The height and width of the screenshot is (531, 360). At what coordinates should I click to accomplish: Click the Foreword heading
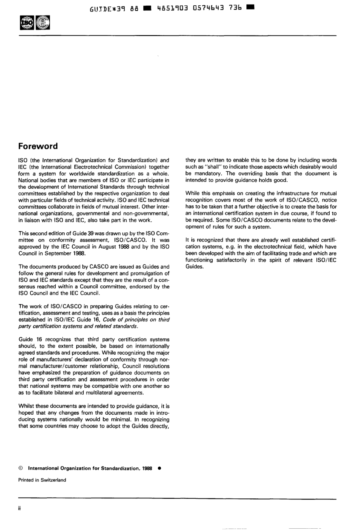coord(38,146)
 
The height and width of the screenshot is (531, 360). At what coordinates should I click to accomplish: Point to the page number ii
coord(20,508)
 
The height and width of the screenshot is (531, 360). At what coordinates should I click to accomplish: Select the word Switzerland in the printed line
coord(53,480)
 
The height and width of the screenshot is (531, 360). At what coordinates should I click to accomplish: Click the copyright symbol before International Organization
coord(21,468)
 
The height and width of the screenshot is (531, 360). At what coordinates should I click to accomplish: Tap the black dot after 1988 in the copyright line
coord(160,468)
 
